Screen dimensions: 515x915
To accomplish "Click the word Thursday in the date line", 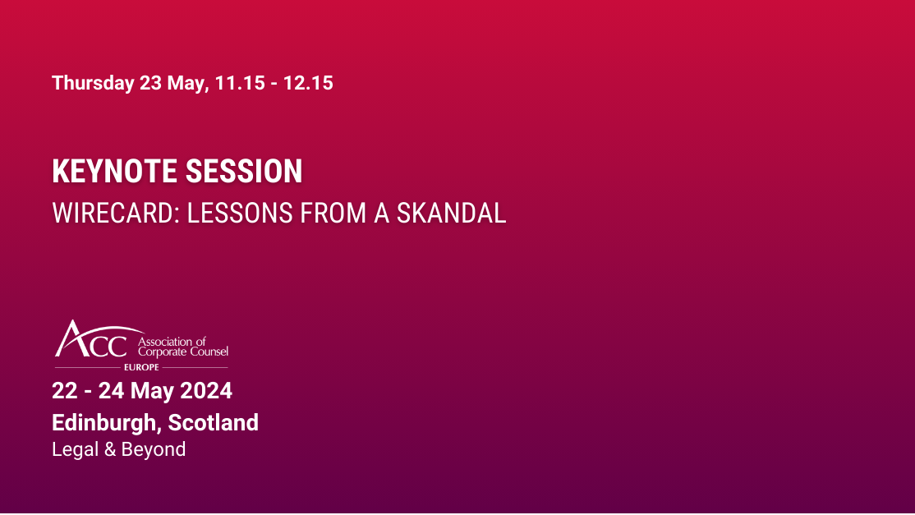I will pos(93,83).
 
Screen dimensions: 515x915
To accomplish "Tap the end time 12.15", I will pos(308,83).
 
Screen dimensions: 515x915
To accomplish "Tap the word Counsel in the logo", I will pos(209,352).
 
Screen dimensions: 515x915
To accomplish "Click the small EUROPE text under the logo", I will pos(141,367).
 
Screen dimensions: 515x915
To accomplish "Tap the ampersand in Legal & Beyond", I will pos(108,449).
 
